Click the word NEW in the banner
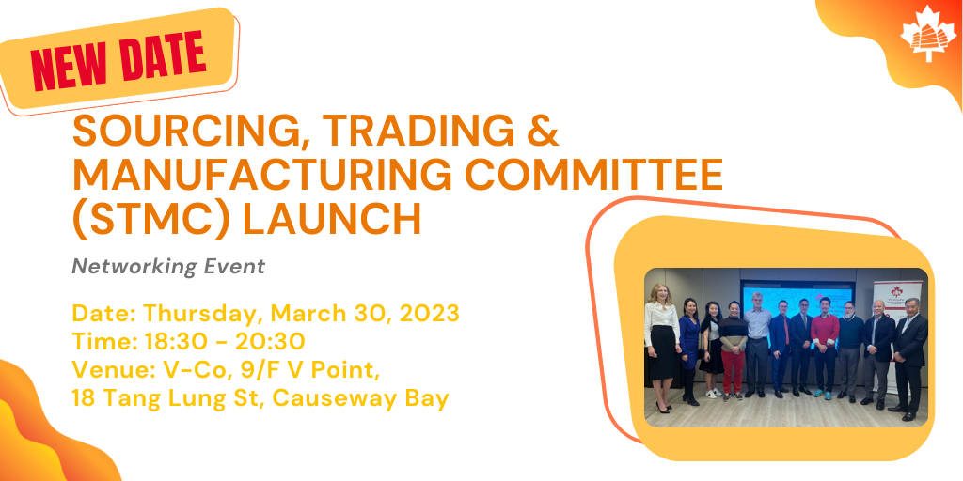[x=68, y=64]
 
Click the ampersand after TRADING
[x=543, y=131]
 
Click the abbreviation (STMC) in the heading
[x=151, y=219]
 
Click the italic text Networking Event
[x=168, y=266]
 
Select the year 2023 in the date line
[x=429, y=313]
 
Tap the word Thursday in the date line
[x=201, y=314]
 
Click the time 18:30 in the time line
[x=166, y=341]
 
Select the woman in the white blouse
[x=661, y=348]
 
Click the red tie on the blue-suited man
[x=786, y=332]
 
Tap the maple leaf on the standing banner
[x=897, y=291]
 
